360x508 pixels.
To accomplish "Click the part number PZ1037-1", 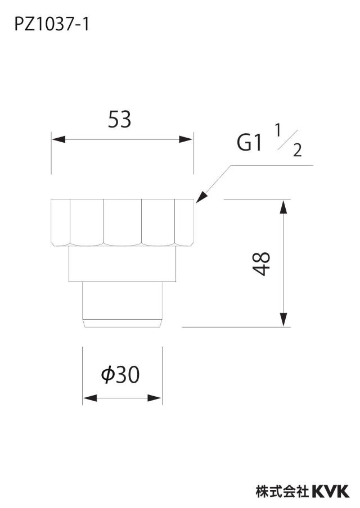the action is [x=52, y=25].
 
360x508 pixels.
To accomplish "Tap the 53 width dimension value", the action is [x=119, y=119].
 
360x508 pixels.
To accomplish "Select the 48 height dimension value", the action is [x=262, y=264].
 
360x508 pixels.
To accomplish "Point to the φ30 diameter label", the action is [x=120, y=374].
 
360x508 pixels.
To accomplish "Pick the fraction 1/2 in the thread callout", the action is [x=289, y=140].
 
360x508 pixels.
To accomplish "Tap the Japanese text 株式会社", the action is [x=282, y=492].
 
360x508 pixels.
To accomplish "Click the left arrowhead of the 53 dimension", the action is [x=58, y=139].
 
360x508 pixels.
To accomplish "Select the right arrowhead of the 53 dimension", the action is [x=186, y=139].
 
